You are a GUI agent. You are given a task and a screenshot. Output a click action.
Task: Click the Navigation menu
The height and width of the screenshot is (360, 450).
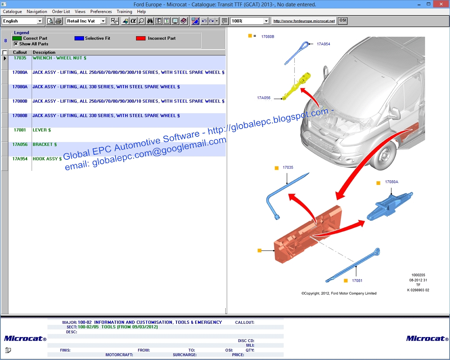point(37,12)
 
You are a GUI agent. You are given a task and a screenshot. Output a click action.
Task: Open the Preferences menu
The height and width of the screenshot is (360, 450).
point(101,12)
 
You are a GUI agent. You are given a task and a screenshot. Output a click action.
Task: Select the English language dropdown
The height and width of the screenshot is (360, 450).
point(22,21)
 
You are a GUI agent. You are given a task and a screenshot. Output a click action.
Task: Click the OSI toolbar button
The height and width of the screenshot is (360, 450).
point(342,21)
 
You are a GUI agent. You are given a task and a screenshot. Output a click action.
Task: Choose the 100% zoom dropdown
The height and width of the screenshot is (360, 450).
point(250,21)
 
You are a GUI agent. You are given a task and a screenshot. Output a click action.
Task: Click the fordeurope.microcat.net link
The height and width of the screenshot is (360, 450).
point(304,21)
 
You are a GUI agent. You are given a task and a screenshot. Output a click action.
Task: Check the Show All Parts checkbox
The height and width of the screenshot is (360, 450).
point(16,44)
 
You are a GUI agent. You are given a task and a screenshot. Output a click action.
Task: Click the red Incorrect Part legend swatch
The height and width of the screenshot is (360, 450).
point(141,38)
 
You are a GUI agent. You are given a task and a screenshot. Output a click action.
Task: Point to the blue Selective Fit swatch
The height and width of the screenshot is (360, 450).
point(79,38)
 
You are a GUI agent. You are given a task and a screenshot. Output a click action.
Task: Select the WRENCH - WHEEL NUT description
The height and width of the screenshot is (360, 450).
point(59,58)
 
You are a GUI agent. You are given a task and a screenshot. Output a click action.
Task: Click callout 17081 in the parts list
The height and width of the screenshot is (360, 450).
point(20,130)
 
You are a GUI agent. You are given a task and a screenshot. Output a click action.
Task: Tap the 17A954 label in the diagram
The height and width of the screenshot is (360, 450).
point(323,44)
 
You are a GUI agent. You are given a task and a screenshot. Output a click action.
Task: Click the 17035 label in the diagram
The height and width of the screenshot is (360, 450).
point(288,168)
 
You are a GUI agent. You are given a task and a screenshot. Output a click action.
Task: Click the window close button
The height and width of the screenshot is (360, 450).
point(441,4)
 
